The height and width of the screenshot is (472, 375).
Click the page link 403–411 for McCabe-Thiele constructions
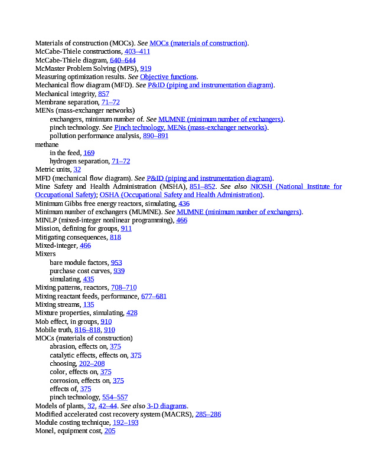(x=137, y=51)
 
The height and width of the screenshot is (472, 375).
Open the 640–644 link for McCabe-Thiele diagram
(x=123, y=60)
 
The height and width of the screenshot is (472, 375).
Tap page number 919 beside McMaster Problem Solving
(x=145, y=68)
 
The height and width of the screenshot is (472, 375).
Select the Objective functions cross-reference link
(x=168, y=77)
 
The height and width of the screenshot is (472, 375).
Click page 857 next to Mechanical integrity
(x=103, y=94)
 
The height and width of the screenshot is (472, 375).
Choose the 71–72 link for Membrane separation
(x=110, y=102)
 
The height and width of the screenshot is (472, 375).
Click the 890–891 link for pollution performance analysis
(x=155, y=136)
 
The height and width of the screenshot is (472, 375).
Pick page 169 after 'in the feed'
(x=89, y=153)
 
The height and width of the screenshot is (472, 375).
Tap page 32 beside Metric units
(x=77, y=169)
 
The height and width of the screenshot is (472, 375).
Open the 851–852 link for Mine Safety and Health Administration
(x=202, y=186)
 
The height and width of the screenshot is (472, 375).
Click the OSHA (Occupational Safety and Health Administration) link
(x=181, y=195)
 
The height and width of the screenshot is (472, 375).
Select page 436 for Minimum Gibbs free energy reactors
(x=184, y=203)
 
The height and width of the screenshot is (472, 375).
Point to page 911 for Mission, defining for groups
(x=126, y=228)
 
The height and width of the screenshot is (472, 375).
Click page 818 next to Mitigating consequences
(x=115, y=237)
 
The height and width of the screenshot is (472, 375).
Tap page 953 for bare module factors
(x=116, y=263)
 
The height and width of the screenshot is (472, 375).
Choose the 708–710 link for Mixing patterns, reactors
(x=123, y=287)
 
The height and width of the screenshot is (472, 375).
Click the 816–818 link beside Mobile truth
(x=87, y=330)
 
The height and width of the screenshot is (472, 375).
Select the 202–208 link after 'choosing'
(x=92, y=363)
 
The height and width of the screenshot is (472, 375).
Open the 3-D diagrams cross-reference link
(x=167, y=406)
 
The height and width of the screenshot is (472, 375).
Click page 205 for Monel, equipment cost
(x=109, y=431)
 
